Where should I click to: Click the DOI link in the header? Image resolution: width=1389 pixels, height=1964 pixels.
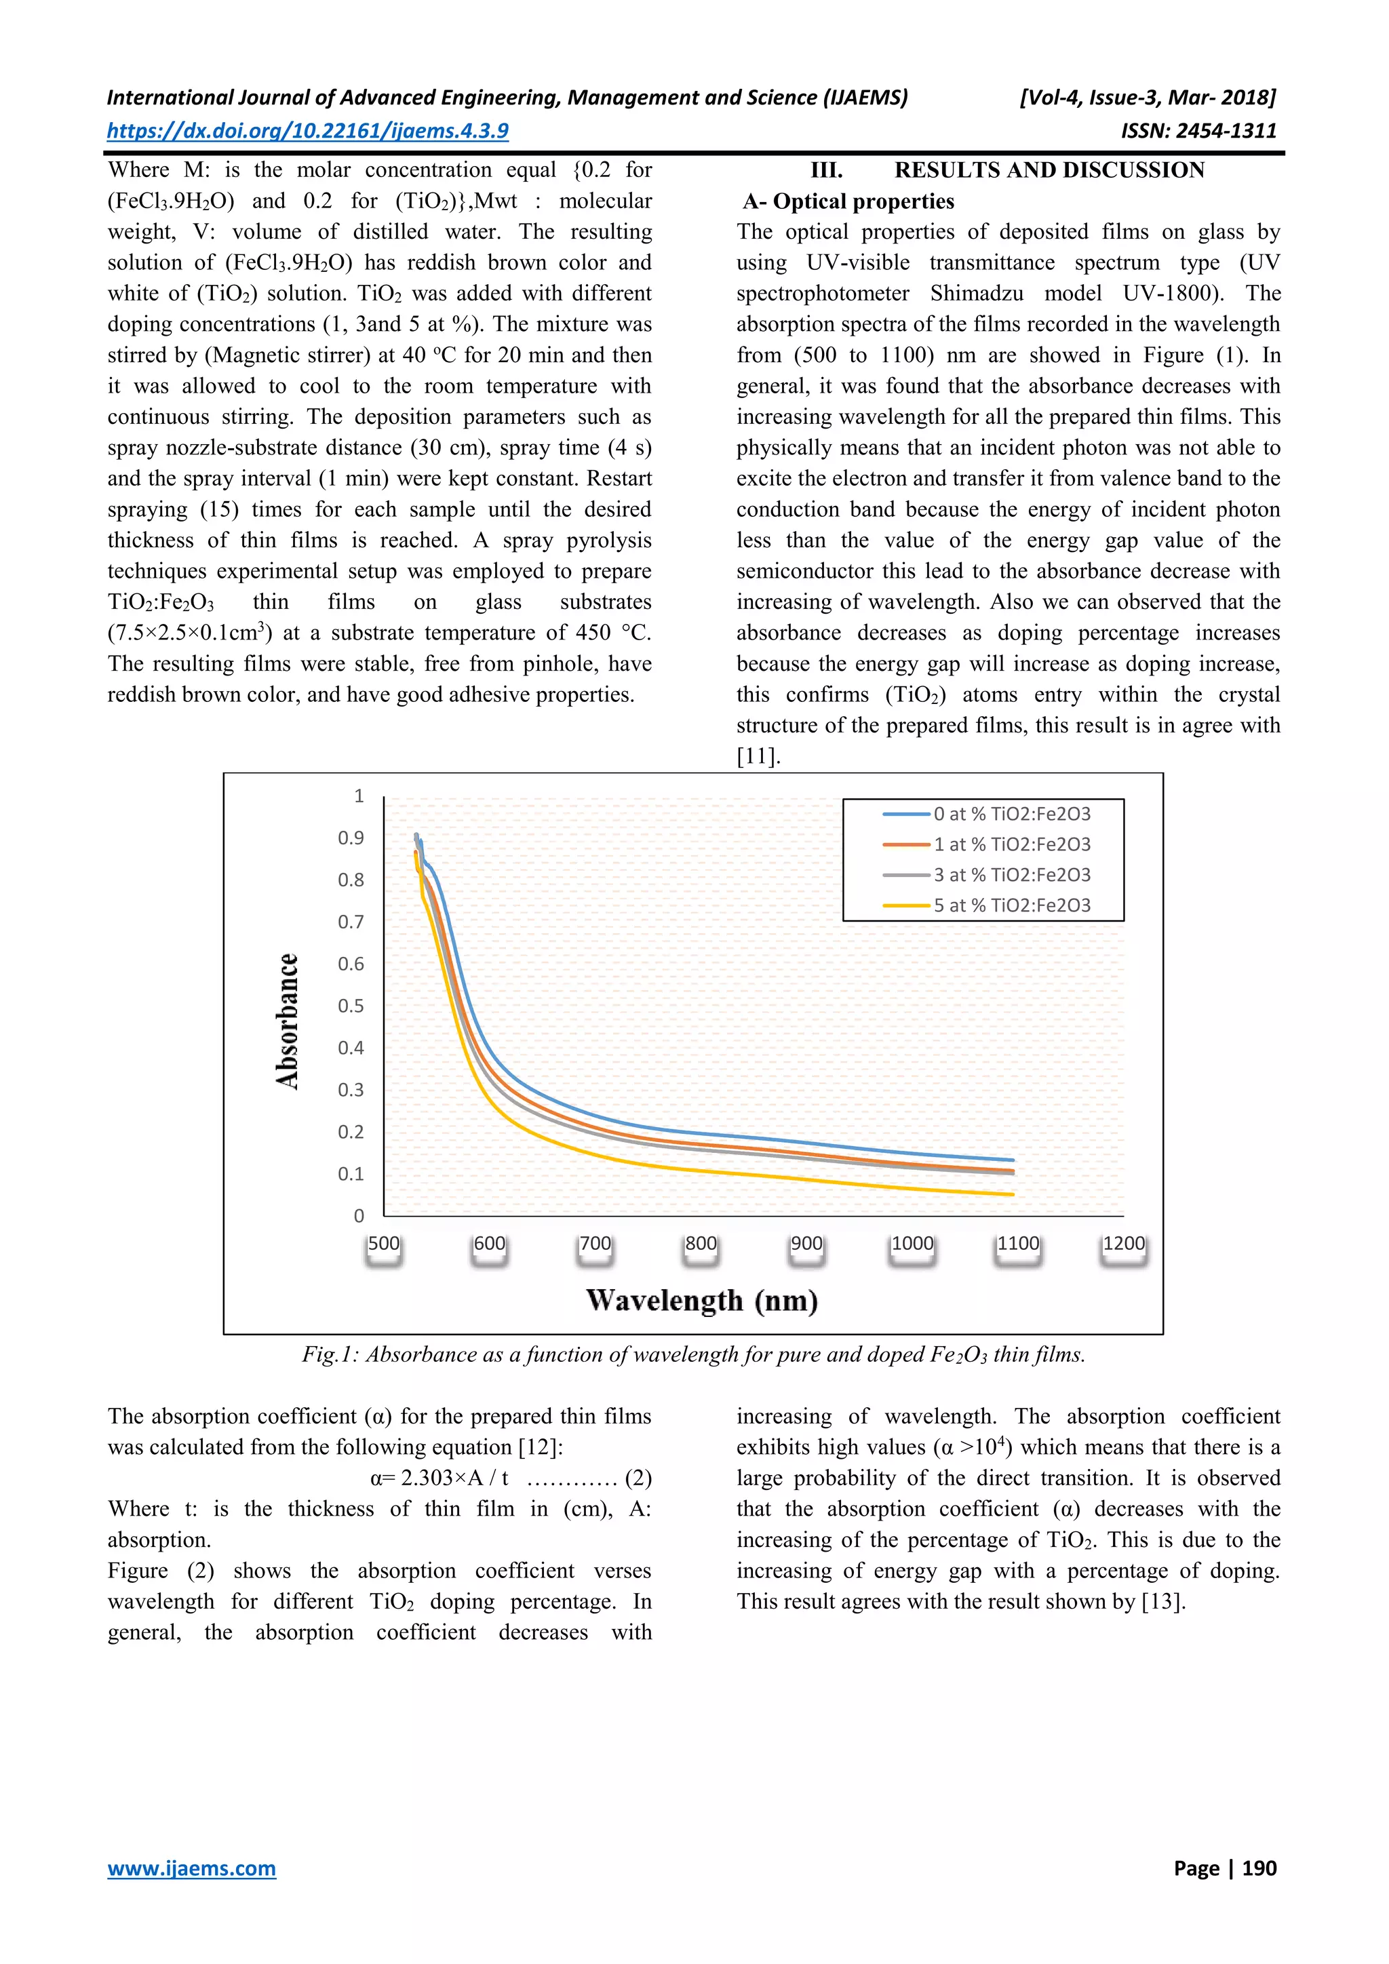(308, 131)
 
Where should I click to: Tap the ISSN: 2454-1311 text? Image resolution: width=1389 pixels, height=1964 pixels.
(1198, 131)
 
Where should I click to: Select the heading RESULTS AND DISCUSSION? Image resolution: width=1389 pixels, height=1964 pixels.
(1049, 170)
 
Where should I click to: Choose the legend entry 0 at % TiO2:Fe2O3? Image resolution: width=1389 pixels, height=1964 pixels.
(1011, 814)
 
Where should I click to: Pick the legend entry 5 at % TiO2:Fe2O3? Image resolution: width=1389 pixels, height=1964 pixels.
(1011, 905)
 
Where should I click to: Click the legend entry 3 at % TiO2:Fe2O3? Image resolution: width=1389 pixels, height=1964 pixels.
(1011, 874)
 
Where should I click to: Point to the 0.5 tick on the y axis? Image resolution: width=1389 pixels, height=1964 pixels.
(351, 1006)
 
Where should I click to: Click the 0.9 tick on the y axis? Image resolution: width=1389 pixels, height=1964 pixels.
(351, 838)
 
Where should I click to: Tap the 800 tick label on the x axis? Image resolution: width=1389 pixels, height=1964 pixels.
(701, 1244)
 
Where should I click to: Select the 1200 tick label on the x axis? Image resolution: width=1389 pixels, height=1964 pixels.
(1123, 1244)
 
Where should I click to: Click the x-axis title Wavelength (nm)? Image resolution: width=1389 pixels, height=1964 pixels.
(701, 1300)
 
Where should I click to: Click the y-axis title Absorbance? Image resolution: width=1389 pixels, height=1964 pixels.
(288, 1021)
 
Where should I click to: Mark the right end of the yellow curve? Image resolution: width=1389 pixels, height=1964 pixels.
(1012, 1194)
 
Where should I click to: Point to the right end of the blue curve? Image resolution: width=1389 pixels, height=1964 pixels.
(1012, 1160)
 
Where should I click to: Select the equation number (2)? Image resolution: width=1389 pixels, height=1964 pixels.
(638, 1478)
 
